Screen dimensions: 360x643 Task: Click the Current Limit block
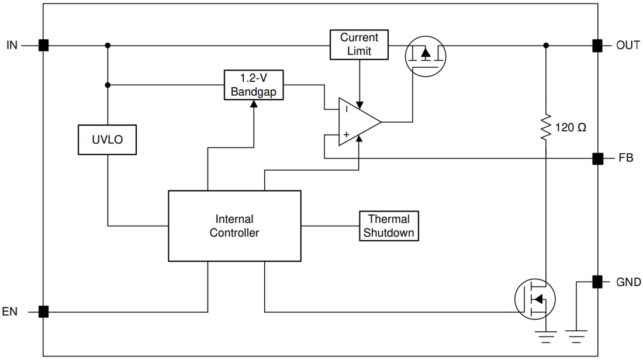(x=359, y=44)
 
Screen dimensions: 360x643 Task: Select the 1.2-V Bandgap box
(x=254, y=85)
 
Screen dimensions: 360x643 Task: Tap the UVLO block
(x=107, y=140)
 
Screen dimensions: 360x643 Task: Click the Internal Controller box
(x=234, y=226)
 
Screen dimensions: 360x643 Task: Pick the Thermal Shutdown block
(x=389, y=226)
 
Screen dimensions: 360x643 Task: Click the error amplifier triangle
(x=358, y=122)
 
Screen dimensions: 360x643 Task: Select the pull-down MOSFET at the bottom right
(x=535, y=299)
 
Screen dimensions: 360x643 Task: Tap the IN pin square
(x=43, y=45)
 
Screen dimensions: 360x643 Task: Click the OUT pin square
(x=597, y=45)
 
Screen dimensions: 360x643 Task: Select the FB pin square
(x=597, y=158)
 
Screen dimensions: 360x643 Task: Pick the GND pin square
(x=597, y=282)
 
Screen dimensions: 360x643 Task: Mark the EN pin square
(x=43, y=311)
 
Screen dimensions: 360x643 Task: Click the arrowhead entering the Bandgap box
(x=254, y=103)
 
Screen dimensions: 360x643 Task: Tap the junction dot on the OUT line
(x=545, y=45)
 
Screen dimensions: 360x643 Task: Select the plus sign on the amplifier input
(x=346, y=135)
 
